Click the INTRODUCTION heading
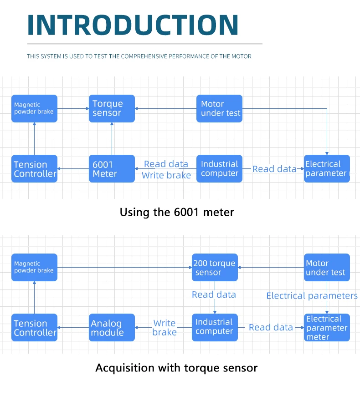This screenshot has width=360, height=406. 133,25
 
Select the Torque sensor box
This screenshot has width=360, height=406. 112,108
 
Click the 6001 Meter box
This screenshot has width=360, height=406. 112,168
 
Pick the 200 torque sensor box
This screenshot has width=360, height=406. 215,267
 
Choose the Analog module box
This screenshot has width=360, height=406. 112,327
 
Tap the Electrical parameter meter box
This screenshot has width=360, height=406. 327,327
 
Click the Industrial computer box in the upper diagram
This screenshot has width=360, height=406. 219,168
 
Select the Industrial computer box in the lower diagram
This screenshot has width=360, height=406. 215,327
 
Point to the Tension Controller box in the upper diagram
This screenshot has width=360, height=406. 34,168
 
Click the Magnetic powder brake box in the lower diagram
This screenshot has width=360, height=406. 34,267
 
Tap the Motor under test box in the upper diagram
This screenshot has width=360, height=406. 219,108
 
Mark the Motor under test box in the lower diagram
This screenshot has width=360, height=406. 327,267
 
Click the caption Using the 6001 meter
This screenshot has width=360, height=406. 177,212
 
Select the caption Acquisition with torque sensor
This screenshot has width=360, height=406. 176,368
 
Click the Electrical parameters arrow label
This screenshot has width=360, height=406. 312,296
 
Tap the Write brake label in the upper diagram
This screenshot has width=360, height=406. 166,175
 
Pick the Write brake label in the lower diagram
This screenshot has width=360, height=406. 165,328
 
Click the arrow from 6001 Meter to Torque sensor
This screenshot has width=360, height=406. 112,139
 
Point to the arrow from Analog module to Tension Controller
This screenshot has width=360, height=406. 73,327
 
